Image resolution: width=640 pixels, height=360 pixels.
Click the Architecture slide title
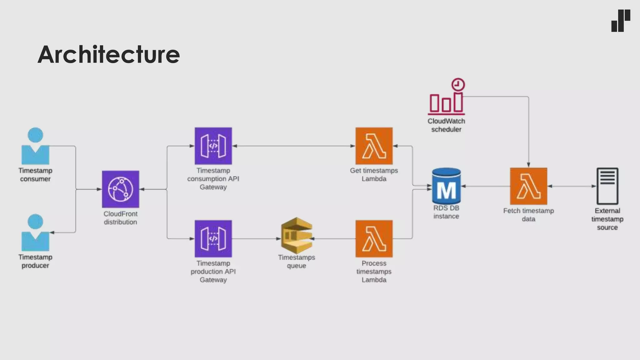[x=108, y=54]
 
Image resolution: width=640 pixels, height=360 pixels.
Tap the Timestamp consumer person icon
[x=35, y=146]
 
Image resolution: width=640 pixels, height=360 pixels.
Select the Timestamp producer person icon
[x=35, y=232]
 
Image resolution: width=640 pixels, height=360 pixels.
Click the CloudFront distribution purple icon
[x=121, y=189]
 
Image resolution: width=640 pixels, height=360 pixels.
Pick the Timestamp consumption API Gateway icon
[x=213, y=146]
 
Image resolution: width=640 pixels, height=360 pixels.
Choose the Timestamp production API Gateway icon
[x=213, y=239]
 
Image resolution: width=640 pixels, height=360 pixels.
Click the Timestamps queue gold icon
[x=297, y=236]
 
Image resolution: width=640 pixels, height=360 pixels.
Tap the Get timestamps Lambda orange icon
[x=374, y=146]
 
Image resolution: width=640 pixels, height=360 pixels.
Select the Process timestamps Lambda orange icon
[x=374, y=239]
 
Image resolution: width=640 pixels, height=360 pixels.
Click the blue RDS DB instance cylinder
[x=446, y=186]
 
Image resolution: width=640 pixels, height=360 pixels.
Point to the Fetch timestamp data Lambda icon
[x=528, y=186]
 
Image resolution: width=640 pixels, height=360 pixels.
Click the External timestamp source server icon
[x=607, y=186]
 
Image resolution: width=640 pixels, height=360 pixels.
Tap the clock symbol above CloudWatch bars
[x=458, y=85]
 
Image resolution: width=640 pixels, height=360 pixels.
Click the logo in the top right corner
[x=621, y=21]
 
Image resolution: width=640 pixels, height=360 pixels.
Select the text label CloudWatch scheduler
[x=446, y=125]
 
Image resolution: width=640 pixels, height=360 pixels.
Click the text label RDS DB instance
[x=446, y=212]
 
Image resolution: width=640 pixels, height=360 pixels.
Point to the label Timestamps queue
[x=297, y=262]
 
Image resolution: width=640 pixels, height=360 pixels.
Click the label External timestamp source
[x=607, y=219]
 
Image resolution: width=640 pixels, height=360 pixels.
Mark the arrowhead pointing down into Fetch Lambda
[x=528, y=165]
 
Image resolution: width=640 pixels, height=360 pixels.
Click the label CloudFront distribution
[x=121, y=218]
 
